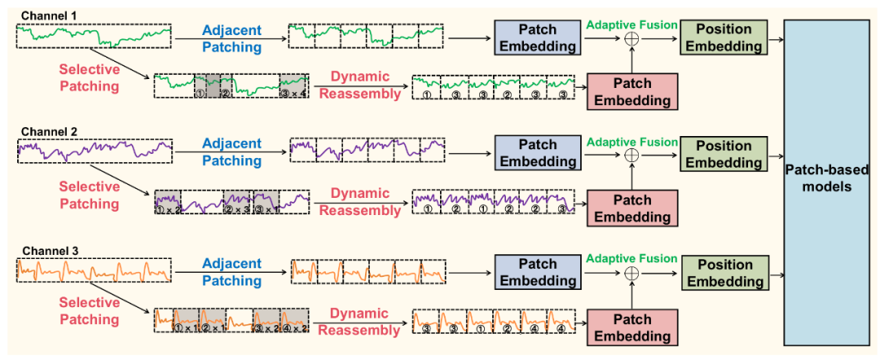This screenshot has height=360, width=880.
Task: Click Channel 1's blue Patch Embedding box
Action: point(535,37)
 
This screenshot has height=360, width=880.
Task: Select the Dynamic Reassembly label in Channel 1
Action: point(359,85)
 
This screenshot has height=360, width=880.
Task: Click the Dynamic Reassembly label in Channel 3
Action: point(359,321)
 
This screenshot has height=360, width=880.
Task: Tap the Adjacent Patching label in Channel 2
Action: point(232,152)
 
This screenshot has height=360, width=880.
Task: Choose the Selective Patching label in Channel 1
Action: point(89,77)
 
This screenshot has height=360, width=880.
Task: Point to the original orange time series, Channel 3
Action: point(95,270)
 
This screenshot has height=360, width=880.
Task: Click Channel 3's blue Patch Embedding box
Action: point(535,273)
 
